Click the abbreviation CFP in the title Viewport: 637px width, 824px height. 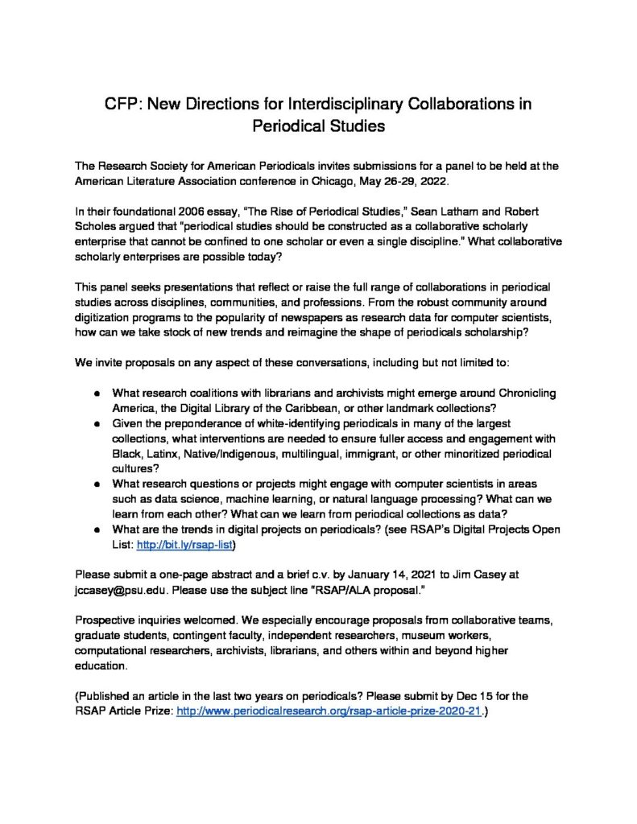pos(122,105)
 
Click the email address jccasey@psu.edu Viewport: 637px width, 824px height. pos(120,591)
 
